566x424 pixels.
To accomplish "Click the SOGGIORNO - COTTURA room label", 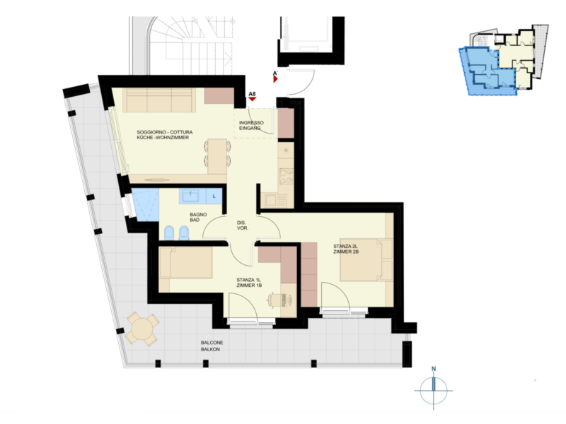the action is tap(165, 132).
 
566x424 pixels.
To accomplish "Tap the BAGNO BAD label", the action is tap(198, 217).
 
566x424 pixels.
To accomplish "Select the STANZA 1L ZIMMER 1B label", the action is tap(249, 282).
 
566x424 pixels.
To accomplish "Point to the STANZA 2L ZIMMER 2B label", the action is tap(346, 249).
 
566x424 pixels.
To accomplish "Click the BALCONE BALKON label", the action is tap(212, 346).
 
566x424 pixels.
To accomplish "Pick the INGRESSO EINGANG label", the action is tap(251, 125).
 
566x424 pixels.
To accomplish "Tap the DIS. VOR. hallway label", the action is tap(242, 225).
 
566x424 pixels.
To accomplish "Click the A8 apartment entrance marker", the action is tap(253, 96).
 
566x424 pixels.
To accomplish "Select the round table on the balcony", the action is tap(142, 329).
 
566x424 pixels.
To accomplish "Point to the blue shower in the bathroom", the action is tap(146, 205).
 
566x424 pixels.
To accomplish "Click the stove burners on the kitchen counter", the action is tap(286, 176).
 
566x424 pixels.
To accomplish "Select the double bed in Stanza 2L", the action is tap(366, 259).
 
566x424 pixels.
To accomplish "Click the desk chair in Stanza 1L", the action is tap(274, 300).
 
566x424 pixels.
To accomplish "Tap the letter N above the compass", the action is tap(434, 369).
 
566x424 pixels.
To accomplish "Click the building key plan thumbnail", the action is tap(504, 60).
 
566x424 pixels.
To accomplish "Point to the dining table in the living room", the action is tap(217, 156).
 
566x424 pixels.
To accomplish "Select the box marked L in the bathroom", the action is tap(214, 196).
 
